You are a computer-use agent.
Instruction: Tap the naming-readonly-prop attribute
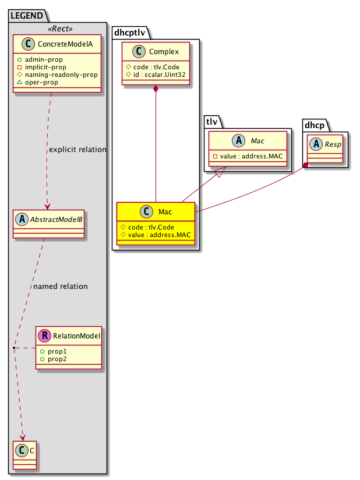pyautogui.click(x=61, y=75)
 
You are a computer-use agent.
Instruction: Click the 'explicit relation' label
pyautogui.click(x=77, y=150)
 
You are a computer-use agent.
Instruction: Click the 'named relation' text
pyautogui.click(x=61, y=287)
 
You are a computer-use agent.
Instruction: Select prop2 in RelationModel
pyautogui.click(x=51, y=359)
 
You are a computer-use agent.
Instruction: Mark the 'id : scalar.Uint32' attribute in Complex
pyautogui.click(x=156, y=76)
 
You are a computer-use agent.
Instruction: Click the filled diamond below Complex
pyautogui.click(x=156, y=89)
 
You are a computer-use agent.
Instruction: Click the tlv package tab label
pyautogui.click(x=211, y=120)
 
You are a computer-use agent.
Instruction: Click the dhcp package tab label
pyautogui.click(x=315, y=123)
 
